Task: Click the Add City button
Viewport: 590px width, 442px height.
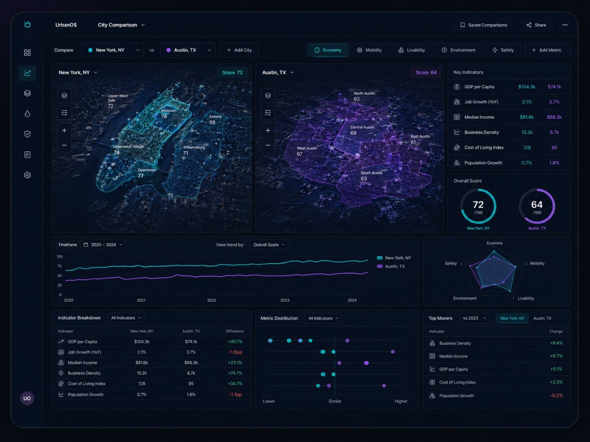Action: pos(239,50)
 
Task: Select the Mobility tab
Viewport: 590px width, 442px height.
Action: pos(369,50)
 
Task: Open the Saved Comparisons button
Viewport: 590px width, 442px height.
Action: pos(484,25)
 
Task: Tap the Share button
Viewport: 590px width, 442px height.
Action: pos(536,25)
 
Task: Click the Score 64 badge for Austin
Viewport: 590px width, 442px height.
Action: pos(426,72)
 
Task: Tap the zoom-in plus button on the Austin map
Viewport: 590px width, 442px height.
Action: pos(268,130)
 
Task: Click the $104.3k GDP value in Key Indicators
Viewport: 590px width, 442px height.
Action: pos(526,87)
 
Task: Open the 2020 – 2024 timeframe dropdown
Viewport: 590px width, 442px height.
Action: pos(103,245)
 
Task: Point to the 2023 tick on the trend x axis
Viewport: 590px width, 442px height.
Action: pos(285,300)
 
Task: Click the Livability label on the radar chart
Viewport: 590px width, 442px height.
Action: pos(526,298)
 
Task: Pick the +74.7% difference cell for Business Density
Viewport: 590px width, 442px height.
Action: pos(235,373)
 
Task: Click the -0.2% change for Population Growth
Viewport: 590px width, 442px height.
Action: pos(556,395)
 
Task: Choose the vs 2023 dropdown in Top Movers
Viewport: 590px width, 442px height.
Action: pos(474,318)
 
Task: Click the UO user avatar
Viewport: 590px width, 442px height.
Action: pos(27,398)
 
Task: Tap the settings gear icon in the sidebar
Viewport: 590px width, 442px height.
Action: pos(27,175)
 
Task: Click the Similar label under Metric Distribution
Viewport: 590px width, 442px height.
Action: pos(335,401)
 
